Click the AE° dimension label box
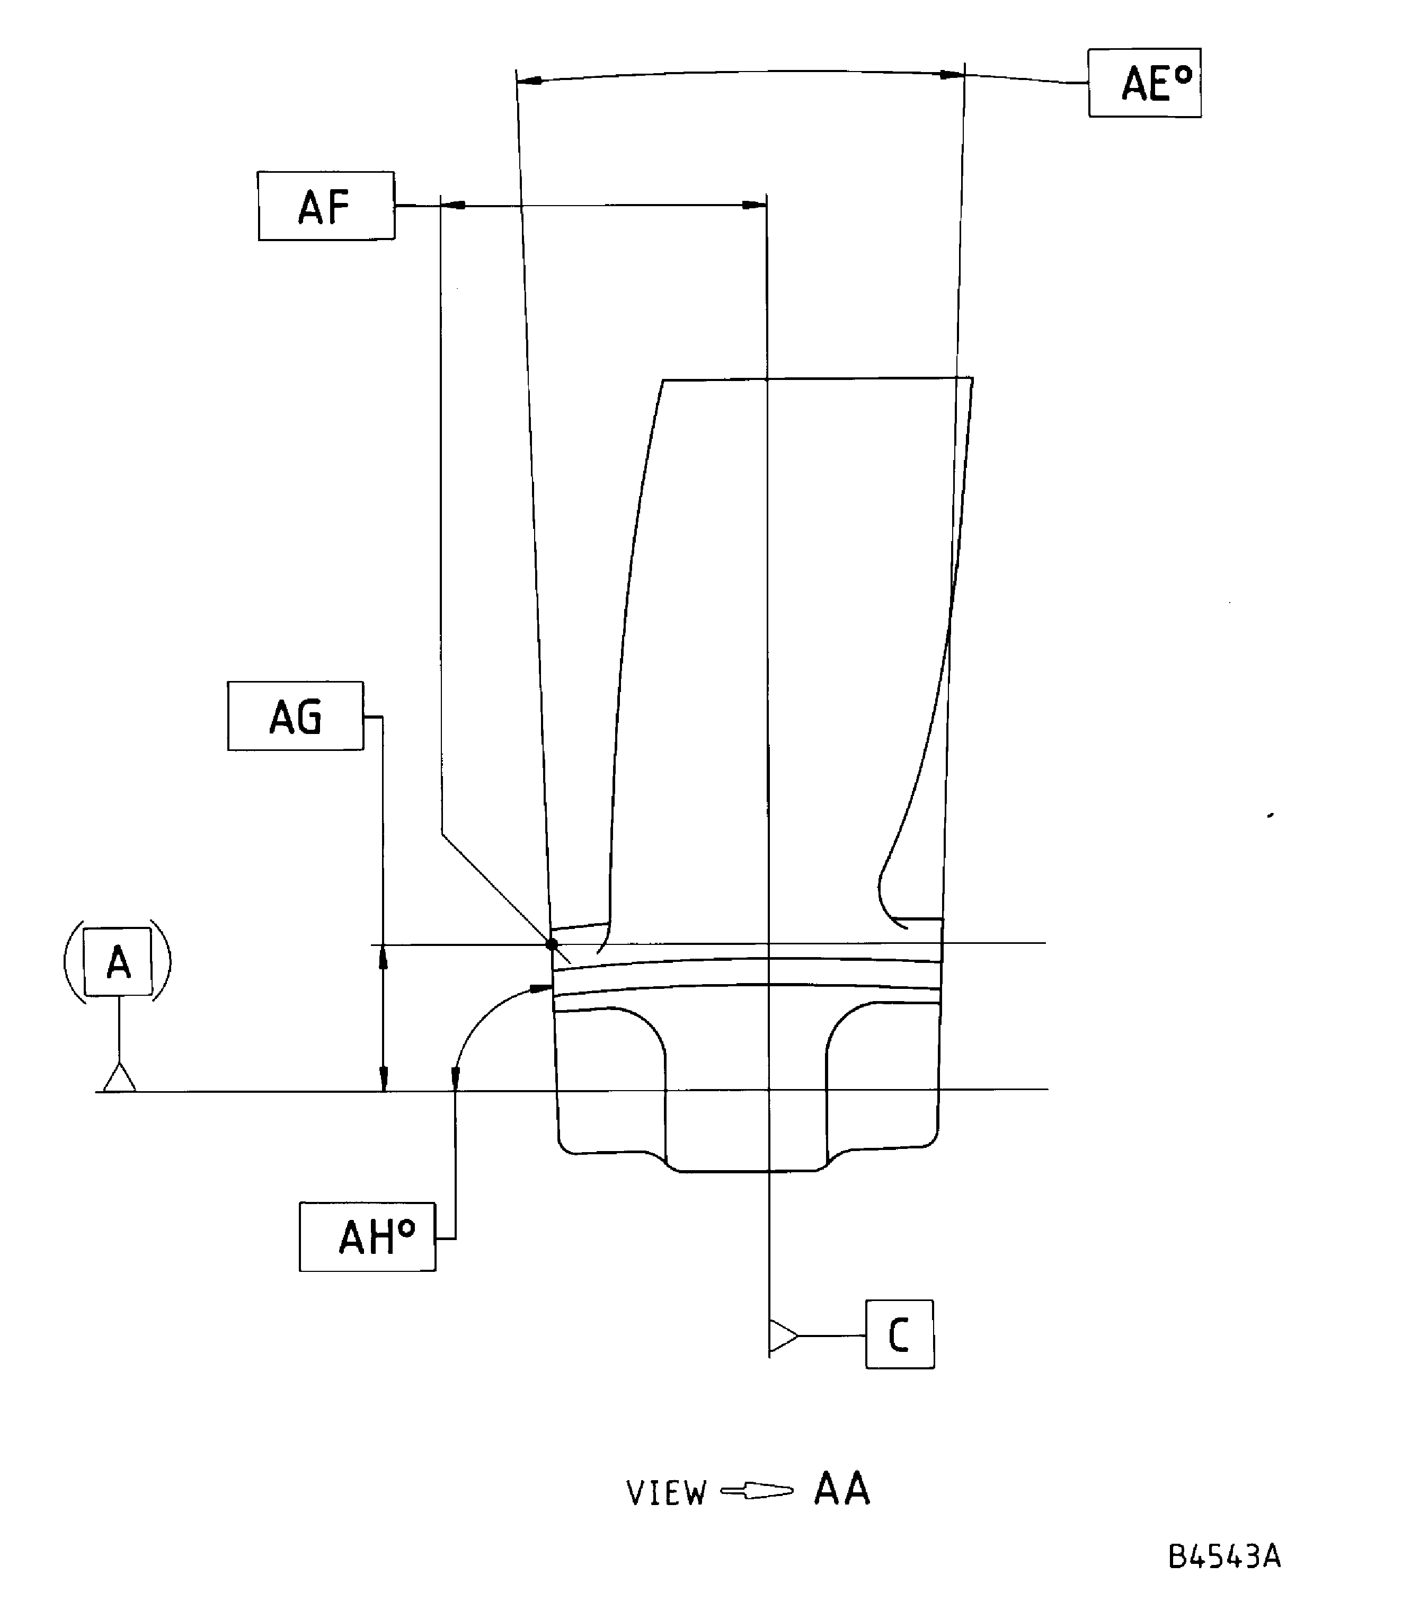click(x=1145, y=83)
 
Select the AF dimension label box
click(x=326, y=206)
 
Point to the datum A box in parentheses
click(x=118, y=961)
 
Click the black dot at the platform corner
click(x=551, y=943)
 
